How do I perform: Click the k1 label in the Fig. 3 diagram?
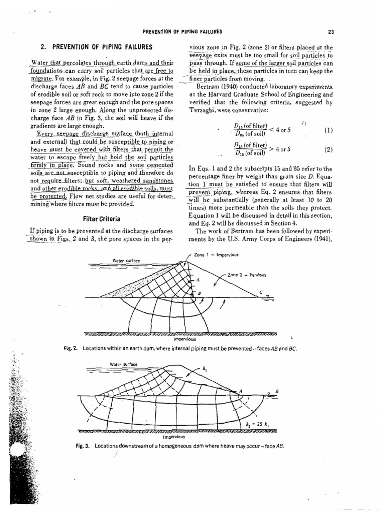coord(204,369)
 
